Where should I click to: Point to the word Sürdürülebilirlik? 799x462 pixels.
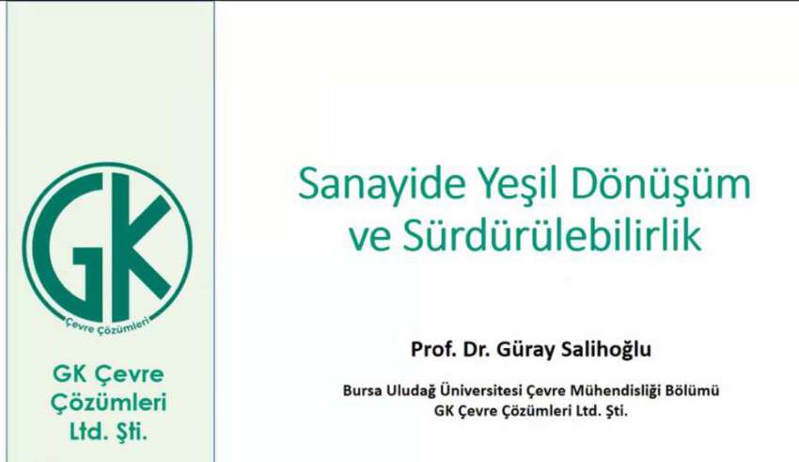pos(553,235)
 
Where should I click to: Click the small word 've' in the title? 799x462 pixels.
pos(370,239)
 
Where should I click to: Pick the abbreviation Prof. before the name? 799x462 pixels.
pos(433,349)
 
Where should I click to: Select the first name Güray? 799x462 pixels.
pos(526,350)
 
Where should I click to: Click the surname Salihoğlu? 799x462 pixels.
pos(606,349)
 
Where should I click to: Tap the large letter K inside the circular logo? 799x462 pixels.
pos(142,247)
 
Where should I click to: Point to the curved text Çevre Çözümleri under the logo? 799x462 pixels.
pos(107,326)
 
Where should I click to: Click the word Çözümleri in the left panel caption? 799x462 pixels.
pos(108,404)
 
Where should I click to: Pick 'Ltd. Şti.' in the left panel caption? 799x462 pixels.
pos(108,432)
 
